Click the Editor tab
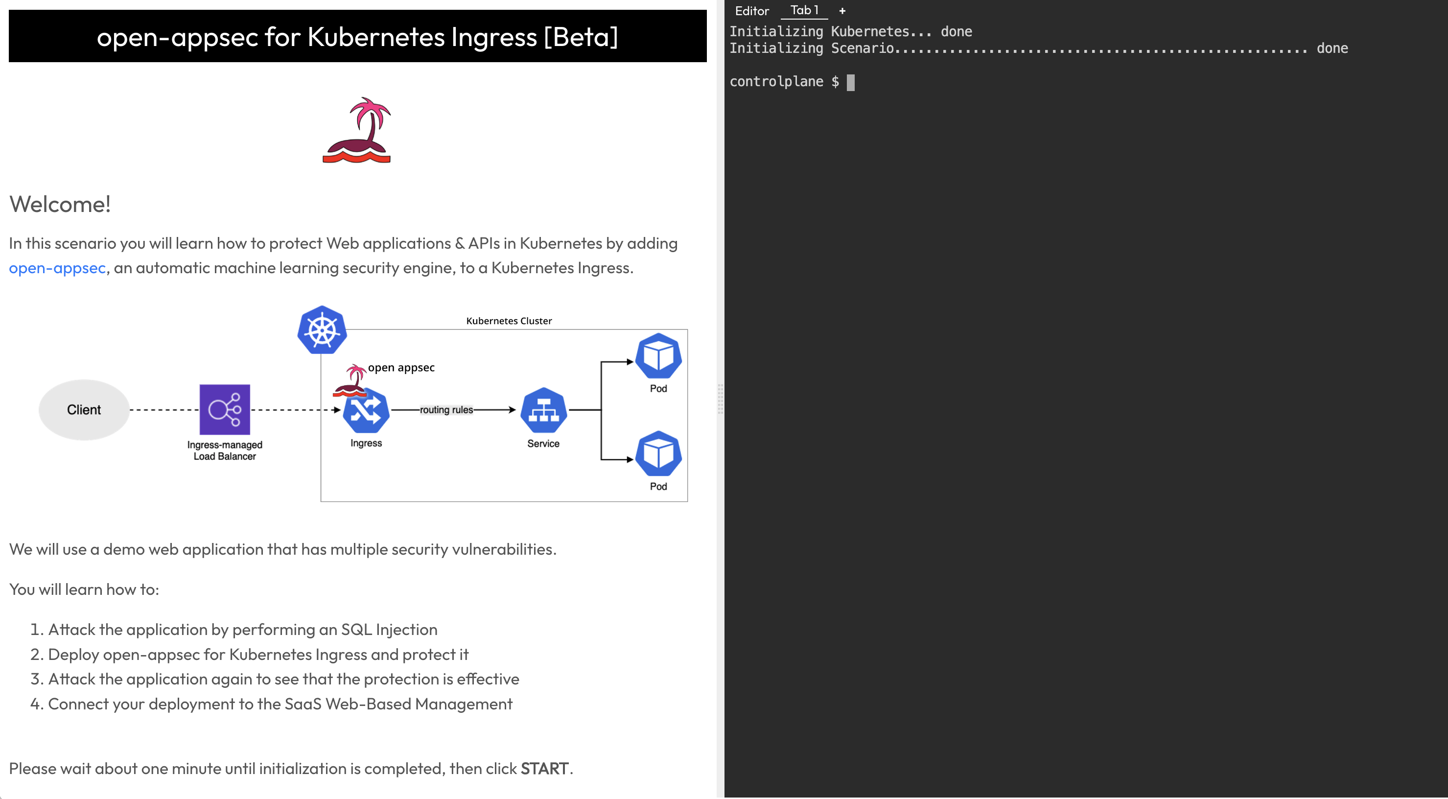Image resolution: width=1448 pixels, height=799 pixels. point(751,11)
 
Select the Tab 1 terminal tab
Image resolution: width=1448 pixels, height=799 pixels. point(804,10)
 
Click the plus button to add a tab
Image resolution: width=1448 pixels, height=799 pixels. point(842,11)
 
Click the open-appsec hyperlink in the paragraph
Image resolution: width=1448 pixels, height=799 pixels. point(57,268)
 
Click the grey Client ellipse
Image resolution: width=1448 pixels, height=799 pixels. point(84,410)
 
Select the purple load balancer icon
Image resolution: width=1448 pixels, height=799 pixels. point(225,409)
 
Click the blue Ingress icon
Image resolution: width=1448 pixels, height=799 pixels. point(366,412)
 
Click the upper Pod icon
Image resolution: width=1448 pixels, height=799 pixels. point(658,356)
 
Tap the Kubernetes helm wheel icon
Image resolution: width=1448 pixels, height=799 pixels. point(322,330)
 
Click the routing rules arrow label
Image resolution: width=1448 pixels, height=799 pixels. point(446,410)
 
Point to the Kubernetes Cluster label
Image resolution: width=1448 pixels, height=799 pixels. point(509,321)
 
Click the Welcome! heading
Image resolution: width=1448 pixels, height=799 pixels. point(60,204)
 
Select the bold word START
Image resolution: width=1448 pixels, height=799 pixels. point(544,769)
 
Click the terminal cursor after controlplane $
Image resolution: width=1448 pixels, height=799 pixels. point(850,83)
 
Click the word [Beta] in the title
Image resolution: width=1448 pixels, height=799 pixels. point(581,37)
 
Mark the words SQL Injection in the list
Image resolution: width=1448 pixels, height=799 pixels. point(389,630)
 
